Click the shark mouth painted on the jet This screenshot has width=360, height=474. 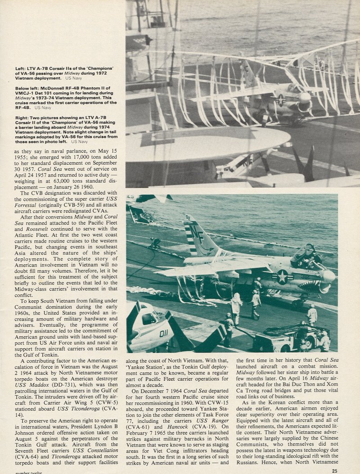[323, 287]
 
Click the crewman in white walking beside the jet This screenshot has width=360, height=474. [236, 307]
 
